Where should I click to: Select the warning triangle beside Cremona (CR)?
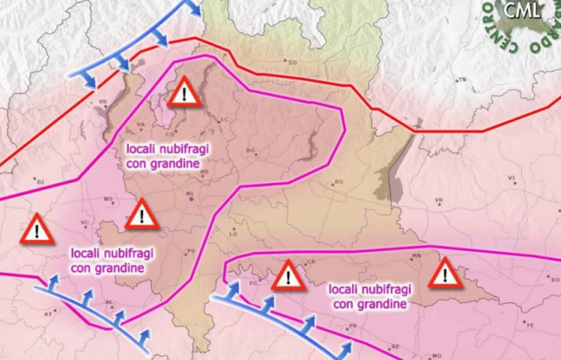click(x=287, y=276)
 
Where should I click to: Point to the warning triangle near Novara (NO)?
click(x=140, y=214)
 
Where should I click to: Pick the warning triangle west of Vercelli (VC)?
click(x=36, y=230)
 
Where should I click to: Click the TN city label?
click(x=461, y=80)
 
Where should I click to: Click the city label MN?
click(x=417, y=256)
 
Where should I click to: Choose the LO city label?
click(x=232, y=233)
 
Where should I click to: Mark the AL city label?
click(x=110, y=303)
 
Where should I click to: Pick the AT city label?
click(x=48, y=315)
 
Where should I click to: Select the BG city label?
click(x=251, y=150)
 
